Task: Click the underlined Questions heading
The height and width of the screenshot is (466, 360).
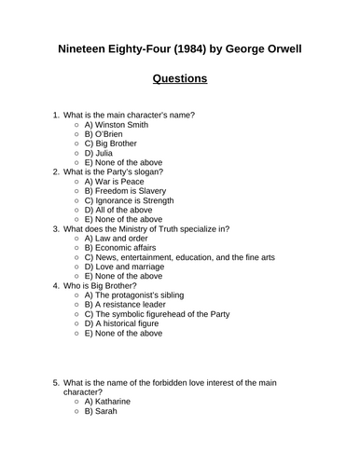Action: (180, 79)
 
